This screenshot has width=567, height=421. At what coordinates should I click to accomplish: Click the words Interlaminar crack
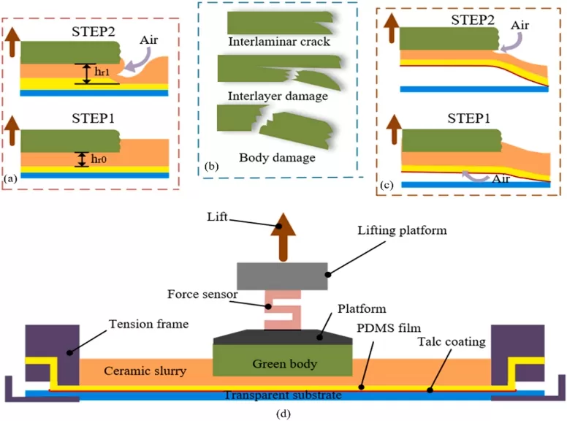279,42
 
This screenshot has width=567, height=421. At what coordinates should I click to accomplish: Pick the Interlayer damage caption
278,96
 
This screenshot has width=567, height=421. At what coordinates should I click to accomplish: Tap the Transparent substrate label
281,395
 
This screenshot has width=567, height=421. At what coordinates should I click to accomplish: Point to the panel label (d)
281,414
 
